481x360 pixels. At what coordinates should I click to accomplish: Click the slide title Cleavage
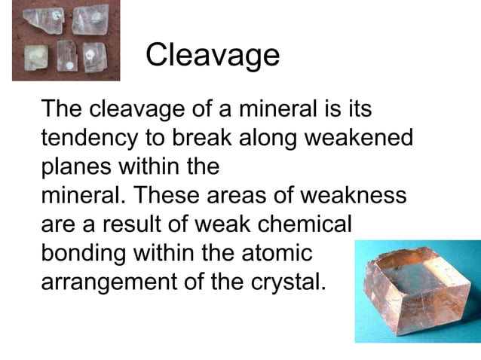click(x=212, y=54)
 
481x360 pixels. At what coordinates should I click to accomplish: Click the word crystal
click(x=286, y=282)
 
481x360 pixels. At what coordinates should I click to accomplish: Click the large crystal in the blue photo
click(x=411, y=289)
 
